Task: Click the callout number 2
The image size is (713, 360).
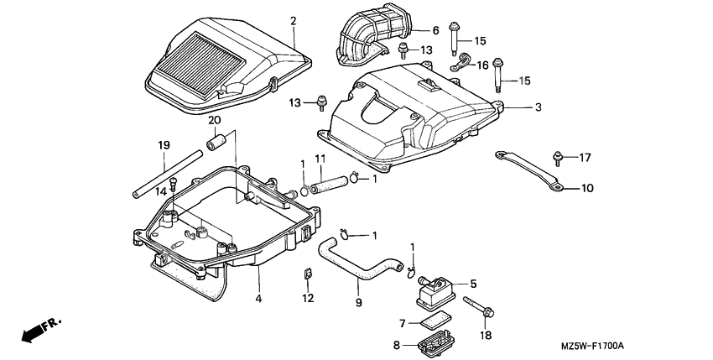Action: coord(294,20)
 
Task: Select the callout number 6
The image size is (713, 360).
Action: coord(435,30)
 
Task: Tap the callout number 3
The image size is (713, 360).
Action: coord(538,107)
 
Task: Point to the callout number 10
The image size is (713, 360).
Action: coord(586,188)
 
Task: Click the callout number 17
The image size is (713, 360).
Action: coord(585,156)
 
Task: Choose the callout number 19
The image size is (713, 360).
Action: coord(164,145)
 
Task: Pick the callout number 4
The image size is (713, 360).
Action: coord(258,298)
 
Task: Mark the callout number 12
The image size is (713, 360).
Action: coord(308,298)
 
